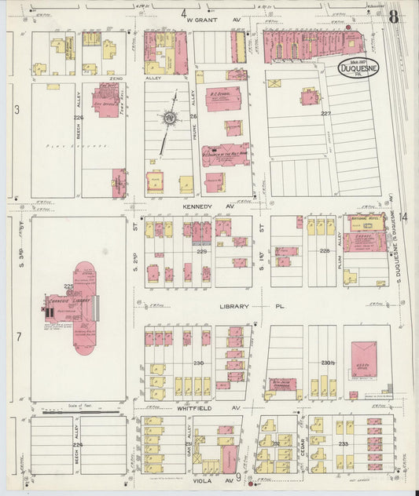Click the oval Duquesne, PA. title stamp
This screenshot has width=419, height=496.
(x=359, y=69)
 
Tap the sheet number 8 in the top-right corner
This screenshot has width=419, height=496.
(x=393, y=16)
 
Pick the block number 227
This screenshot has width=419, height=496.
(x=326, y=114)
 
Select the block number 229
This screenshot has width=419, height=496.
(x=201, y=252)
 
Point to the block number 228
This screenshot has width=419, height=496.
(x=324, y=251)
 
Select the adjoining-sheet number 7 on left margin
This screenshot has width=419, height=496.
(x=17, y=337)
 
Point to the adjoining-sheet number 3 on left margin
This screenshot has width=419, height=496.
(x=17, y=109)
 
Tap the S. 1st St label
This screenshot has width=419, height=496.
(x=260, y=238)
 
